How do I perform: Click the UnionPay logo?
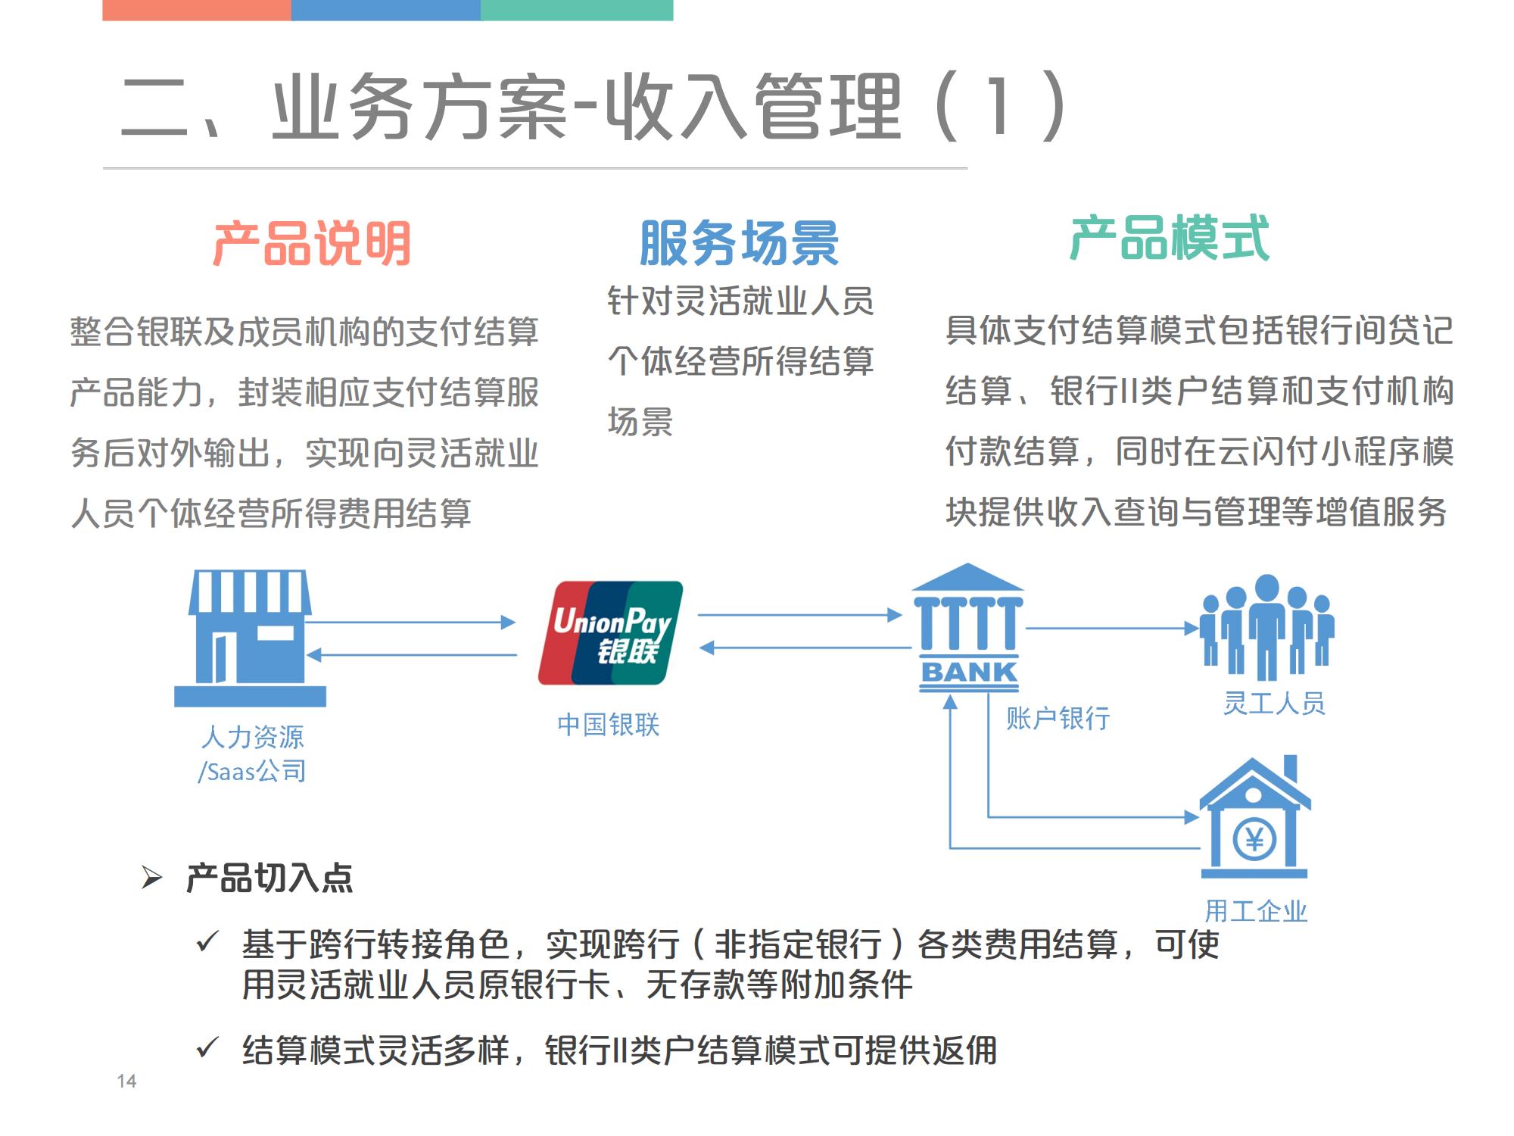point(610,633)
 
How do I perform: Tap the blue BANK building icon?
point(967,629)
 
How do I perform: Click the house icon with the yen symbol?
point(1254,818)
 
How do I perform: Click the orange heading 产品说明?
point(311,244)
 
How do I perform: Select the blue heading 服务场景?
point(739,244)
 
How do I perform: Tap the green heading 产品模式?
point(1170,239)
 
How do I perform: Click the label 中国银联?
point(608,725)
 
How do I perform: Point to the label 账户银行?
point(1058,718)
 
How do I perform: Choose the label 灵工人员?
point(1274,704)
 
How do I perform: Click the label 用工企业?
point(1256,911)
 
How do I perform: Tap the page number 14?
point(126,1081)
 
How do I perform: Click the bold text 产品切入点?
point(269,879)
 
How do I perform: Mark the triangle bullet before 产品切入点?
point(152,879)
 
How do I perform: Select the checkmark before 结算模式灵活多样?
point(207,1048)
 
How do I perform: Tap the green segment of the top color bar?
point(577,10)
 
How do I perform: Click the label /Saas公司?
point(252,771)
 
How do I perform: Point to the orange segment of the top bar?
point(196,10)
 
